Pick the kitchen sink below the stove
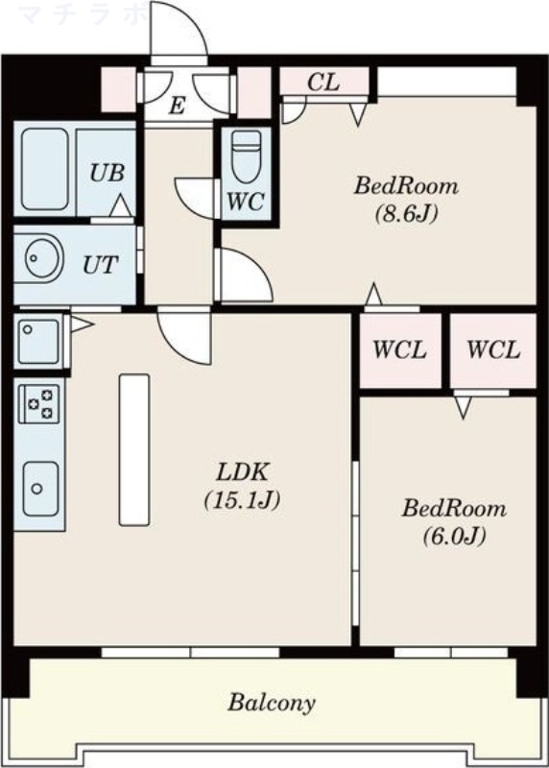(39, 485)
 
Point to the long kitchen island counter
(134, 449)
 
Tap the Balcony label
(272, 703)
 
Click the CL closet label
(322, 83)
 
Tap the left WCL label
(399, 350)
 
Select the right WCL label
(493, 350)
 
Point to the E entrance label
(177, 106)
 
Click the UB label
(106, 174)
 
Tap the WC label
(246, 203)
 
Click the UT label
(100, 264)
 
